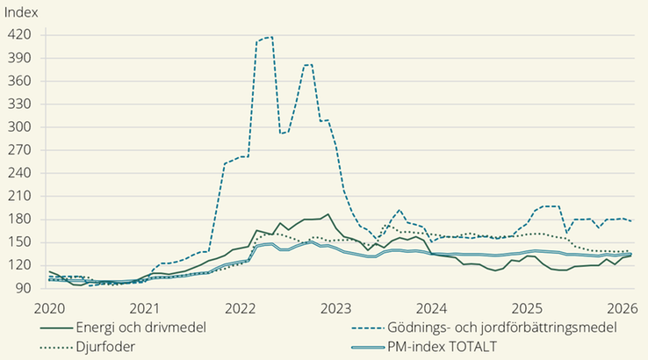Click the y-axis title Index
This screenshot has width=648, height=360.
[22, 12]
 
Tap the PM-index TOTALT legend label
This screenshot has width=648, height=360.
[443, 346]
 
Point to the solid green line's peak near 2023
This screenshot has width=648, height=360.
[328, 213]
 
